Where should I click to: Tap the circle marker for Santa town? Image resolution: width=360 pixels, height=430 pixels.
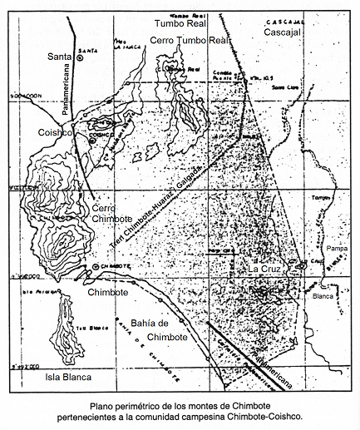81,57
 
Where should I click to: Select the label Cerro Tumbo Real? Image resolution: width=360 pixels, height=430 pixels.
189,40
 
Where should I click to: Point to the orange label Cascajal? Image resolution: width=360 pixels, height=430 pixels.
283,32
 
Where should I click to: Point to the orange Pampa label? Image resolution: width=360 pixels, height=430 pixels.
337,249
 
